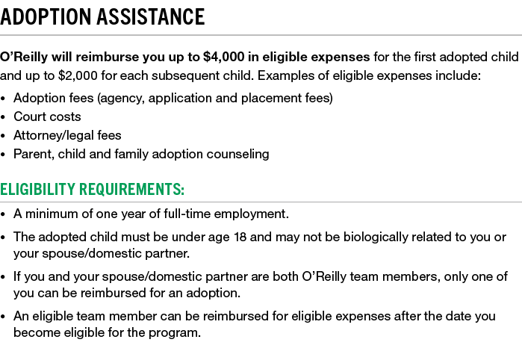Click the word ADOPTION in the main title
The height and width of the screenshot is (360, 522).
tap(46, 16)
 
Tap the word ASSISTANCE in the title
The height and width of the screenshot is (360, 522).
tap(151, 16)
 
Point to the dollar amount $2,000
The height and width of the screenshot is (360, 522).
tap(78, 76)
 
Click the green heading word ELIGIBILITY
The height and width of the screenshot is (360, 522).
tap(37, 189)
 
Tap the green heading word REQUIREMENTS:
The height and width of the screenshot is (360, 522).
tap(131, 189)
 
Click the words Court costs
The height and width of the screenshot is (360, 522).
tap(47, 117)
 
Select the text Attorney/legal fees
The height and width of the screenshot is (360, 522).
tap(67, 135)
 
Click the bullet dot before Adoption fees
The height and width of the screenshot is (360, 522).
tap(3, 99)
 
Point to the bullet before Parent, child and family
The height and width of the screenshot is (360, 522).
tap(3, 155)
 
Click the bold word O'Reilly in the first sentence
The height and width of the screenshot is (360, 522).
tap(24, 57)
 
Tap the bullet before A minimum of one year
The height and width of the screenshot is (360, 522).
tap(3, 215)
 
